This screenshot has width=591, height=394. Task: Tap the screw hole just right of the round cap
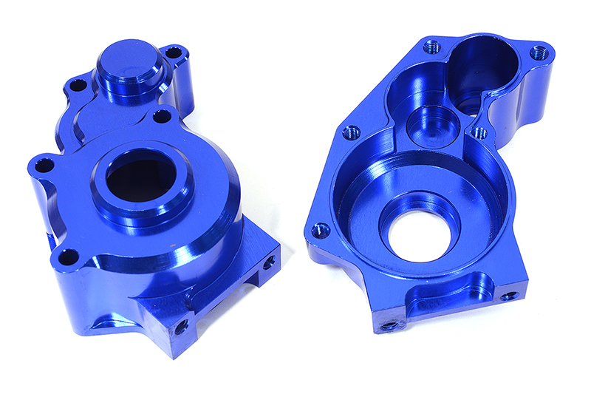pos(174,54)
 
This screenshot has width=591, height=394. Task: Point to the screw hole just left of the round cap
pos(75,86)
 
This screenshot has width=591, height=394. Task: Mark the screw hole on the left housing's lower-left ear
pos(68,258)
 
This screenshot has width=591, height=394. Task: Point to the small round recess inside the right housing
pos(431,124)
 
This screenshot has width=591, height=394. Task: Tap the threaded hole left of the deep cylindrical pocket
pos(433,47)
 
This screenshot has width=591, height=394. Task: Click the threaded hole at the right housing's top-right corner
pos(540,53)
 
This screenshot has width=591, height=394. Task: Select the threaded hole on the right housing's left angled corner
pos(352,132)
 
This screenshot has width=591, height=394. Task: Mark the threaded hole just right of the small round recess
pos(479,133)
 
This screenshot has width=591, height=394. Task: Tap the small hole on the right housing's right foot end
pos(509,296)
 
